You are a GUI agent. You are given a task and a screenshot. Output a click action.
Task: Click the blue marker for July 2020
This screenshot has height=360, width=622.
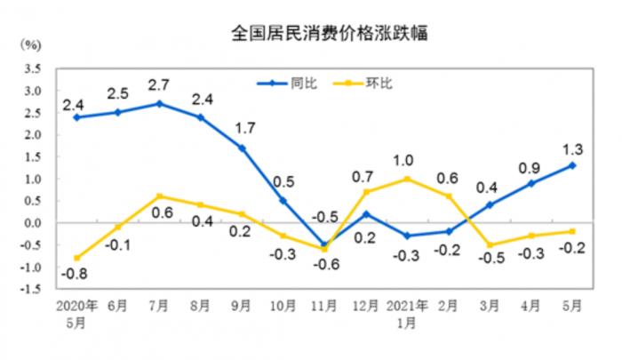click(158, 104)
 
